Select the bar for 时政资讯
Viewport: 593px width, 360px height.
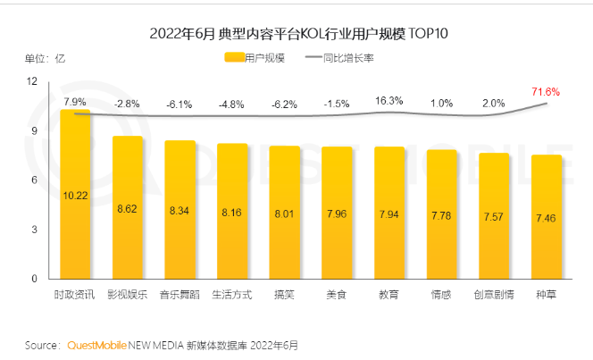75,197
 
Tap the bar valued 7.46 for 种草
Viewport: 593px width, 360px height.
547,219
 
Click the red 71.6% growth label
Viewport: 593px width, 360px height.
545,91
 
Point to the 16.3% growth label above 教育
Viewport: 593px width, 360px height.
388,101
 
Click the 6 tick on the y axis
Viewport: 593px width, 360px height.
33,180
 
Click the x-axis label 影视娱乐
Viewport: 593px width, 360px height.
127,294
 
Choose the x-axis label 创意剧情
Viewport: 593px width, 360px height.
493,294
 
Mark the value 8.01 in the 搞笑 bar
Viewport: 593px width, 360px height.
284,214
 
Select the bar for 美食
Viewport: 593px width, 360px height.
337,214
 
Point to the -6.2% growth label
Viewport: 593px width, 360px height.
284,105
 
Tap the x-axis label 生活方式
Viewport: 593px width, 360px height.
232,294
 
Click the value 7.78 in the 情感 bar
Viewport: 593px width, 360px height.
441,217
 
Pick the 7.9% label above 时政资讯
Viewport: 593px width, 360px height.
75,101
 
